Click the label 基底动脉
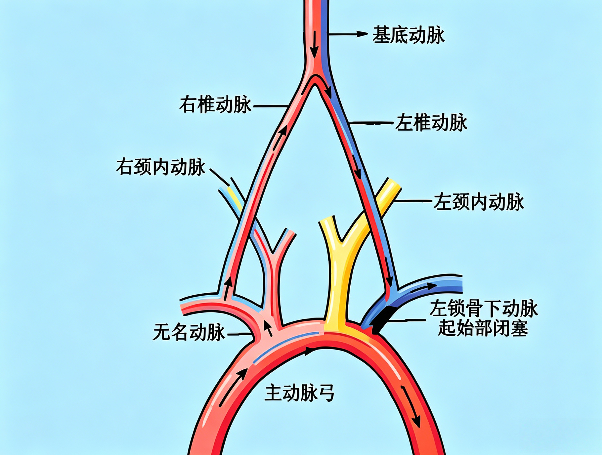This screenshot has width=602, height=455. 408,35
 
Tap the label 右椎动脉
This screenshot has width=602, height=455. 215,104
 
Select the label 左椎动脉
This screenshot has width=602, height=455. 431,123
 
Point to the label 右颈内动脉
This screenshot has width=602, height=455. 161,167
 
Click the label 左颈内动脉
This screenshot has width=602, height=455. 479,202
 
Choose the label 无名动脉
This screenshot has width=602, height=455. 189,332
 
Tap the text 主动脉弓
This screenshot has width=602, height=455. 299,392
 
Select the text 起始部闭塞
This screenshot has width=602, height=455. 483,328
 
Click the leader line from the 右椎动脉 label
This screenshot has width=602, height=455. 270,106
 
